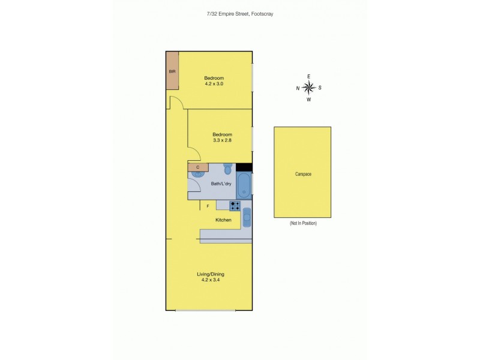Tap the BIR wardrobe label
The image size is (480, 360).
pyautogui.click(x=172, y=71)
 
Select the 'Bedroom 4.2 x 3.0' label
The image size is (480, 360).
pyautogui.click(x=214, y=81)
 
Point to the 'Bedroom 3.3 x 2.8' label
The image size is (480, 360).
pyautogui.click(x=221, y=137)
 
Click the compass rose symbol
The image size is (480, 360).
pyautogui.click(x=309, y=88)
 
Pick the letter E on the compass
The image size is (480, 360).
pyautogui.click(x=309, y=76)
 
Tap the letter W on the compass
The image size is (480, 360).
pyautogui.click(x=309, y=100)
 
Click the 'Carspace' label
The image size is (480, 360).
pyautogui.click(x=303, y=174)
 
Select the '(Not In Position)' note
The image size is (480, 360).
pyautogui.click(x=303, y=223)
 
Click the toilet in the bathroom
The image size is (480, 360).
pyautogui.click(x=227, y=169)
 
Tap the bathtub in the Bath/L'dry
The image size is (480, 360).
pyautogui.click(x=244, y=185)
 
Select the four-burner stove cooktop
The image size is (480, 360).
pyautogui.click(x=235, y=206)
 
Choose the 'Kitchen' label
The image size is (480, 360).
pyautogui.click(x=223, y=220)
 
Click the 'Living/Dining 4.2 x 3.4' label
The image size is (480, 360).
pyautogui.click(x=210, y=277)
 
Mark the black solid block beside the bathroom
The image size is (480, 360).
pyautogui.click(x=244, y=167)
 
